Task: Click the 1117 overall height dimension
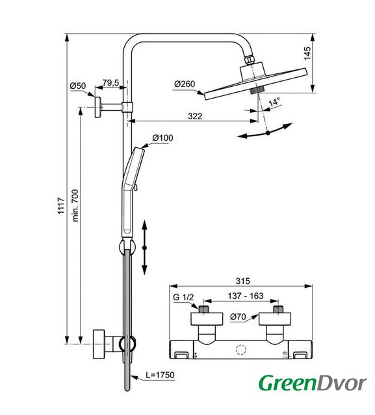61,206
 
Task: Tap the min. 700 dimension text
75,206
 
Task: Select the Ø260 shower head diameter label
185,84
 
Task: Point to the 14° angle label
274,102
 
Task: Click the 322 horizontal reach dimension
195,116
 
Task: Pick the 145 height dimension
307,53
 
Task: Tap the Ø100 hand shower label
162,137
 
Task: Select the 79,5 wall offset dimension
111,83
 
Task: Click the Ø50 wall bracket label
78,86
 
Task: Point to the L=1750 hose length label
160,375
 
